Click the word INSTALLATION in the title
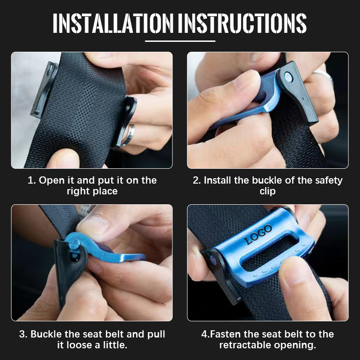(x=113, y=23)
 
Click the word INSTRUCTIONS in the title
(x=242, y=23)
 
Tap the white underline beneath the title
(x=180, y=41)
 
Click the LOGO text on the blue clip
(x=258, y=234)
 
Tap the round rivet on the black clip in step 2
(x=288, y=77)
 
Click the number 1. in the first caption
(x=31, y=180)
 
